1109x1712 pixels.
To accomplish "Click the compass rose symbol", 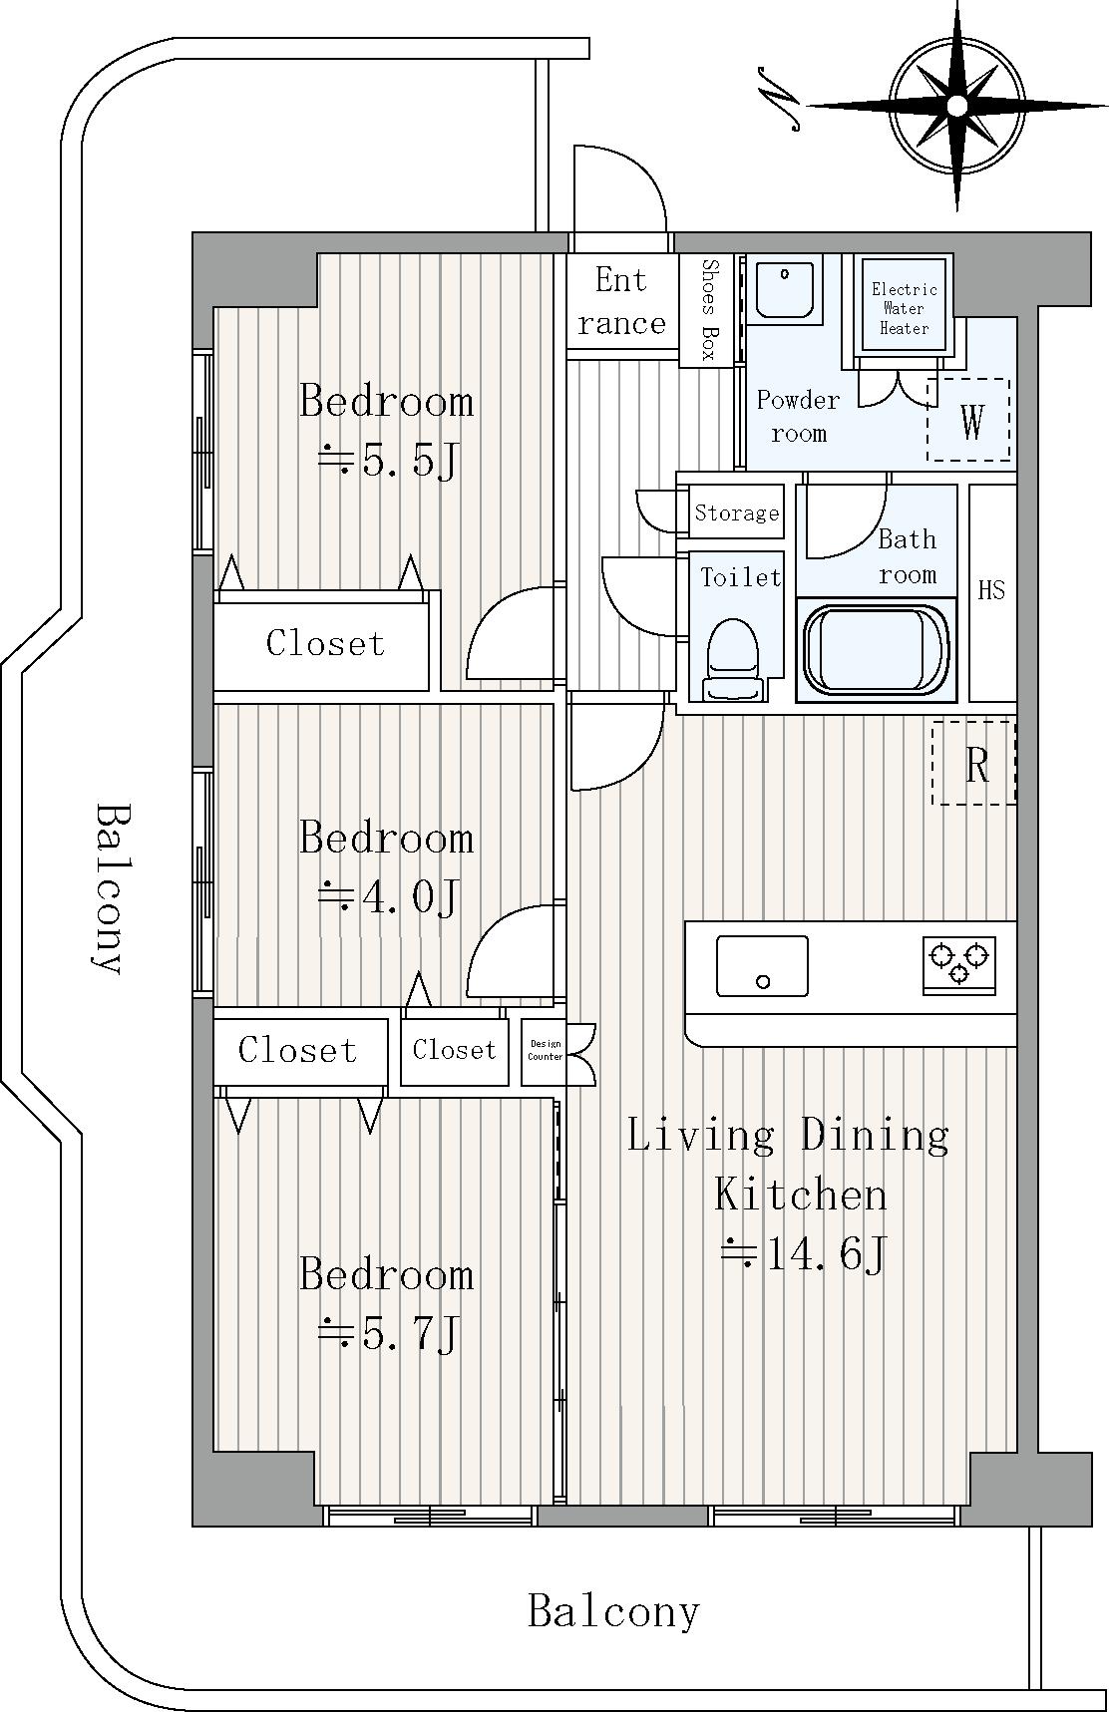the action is (x=956, y=105).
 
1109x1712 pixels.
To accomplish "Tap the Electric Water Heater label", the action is (x=905, y=308).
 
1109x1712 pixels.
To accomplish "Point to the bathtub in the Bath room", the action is (x=877, y=650).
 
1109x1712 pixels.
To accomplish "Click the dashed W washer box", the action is (x=968, y=420).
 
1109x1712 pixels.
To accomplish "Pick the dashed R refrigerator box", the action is (x=974, y=763).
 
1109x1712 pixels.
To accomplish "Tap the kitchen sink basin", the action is (x=762, y=965).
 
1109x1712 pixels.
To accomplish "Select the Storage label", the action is (x=737, y=513).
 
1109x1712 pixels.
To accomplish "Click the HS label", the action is (x=991, y=590).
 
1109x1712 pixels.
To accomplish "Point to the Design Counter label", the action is (x=546, y=1050).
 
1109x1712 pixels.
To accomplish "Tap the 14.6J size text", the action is (x=803, y=1254).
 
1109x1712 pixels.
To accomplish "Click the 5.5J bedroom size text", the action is (x=387, y=462).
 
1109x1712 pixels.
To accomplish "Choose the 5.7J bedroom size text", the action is (x=387, y=1333).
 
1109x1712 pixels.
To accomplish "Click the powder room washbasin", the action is (x=785, y=289).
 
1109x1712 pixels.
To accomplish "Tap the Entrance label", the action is (x=621, y=301).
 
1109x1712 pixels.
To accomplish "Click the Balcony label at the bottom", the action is (x=613, y=1611).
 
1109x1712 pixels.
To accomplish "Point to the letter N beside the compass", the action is (x=778, y=99).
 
